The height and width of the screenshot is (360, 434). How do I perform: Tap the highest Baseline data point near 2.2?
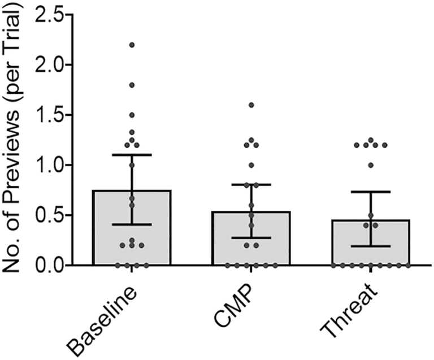point(132,45)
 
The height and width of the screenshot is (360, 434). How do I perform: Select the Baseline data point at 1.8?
point(132,85)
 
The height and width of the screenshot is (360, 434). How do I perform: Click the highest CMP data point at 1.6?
point(251,105)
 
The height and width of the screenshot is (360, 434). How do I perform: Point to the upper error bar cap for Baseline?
point(132,154)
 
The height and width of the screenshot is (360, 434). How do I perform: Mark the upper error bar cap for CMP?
point(251,184)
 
